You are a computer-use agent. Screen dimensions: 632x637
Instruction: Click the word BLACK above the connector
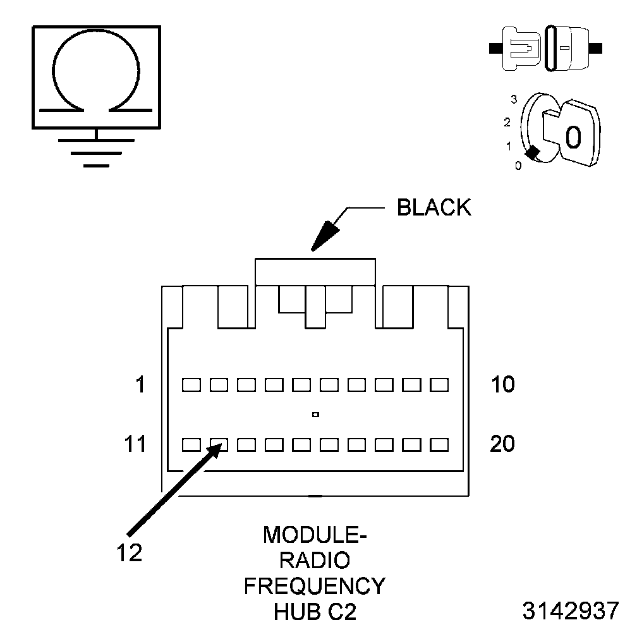434,208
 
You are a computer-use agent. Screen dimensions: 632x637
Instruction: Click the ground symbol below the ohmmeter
95,150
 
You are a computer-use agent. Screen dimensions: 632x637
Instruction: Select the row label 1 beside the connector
141,384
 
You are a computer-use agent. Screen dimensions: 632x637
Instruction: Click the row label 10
502,384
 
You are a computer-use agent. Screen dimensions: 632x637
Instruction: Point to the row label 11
134,444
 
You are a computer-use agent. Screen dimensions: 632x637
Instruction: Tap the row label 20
502,444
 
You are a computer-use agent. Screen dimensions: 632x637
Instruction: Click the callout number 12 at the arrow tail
129,552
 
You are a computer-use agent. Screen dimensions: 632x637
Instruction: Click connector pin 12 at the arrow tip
219,445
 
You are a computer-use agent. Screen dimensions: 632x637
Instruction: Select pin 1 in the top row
191,384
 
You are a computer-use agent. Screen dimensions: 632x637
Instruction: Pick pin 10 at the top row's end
439,384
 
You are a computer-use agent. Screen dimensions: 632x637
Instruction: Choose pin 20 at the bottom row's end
439,445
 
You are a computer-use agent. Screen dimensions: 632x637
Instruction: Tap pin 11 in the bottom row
191,445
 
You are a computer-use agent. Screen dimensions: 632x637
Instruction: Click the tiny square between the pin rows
315,415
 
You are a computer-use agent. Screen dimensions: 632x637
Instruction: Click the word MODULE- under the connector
314,535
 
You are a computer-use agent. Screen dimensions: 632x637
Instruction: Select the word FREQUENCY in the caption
314,586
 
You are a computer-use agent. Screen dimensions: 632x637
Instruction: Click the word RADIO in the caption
314,561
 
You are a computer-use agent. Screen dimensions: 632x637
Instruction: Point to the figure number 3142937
570,611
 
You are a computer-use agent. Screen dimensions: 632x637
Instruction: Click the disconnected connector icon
547,48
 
